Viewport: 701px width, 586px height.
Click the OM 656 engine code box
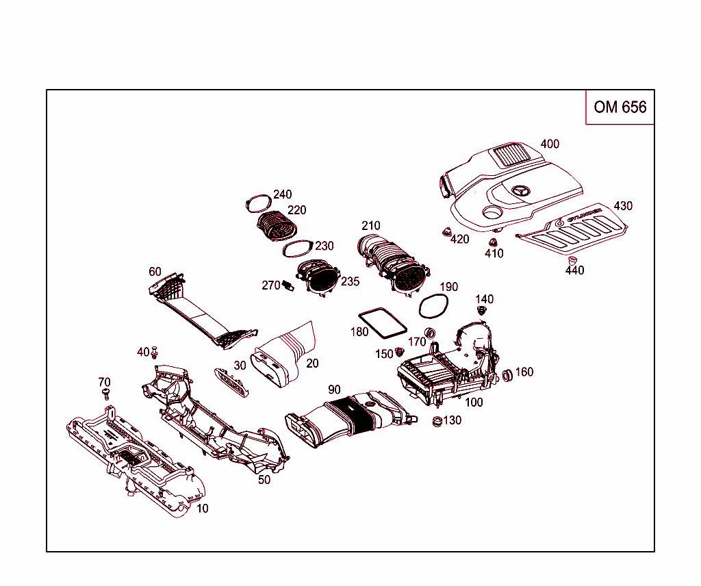coord(620,107)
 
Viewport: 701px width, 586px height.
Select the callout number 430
coord(623,206)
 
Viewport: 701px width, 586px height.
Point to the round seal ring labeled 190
coord(433,306)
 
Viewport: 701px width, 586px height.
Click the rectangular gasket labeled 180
coord(381,322)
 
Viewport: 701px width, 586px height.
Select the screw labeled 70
coord(105,393)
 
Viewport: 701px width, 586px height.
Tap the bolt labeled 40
coord(155,353)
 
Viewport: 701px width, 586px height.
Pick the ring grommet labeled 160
coord(508,374)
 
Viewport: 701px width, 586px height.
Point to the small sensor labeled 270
coord(288,285)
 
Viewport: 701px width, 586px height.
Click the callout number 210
coord(371,226)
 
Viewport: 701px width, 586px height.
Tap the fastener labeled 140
coord(482,311)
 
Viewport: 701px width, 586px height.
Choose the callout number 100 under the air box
coord(474,403)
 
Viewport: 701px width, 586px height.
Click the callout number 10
coord(203,509)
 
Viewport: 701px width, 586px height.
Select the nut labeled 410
coord(492,242)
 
